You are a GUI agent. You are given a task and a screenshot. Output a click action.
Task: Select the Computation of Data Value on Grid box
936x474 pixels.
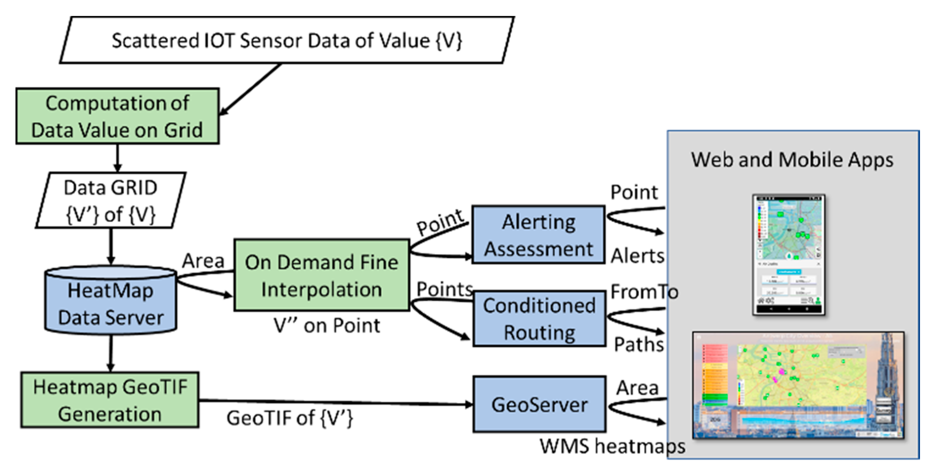pos(117,116)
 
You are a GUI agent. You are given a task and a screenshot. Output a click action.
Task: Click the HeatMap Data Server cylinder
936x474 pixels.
pos(111,302)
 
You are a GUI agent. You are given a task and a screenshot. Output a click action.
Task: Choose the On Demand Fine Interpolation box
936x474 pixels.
pos(321,275)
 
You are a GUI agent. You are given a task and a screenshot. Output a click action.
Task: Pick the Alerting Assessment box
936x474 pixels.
pos(539,235)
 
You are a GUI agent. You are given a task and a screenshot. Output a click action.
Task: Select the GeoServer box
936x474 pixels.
pos(539,404)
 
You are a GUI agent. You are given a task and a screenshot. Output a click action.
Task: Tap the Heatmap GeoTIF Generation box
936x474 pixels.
pos(110,400)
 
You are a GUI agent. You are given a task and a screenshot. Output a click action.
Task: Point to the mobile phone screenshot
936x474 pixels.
pos(788,255)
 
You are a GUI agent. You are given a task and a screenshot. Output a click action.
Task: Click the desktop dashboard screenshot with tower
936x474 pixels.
pos(798,385)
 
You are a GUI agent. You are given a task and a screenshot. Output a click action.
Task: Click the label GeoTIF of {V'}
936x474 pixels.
pos(290,418)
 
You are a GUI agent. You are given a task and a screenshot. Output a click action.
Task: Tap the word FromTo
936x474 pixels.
pos(644,292)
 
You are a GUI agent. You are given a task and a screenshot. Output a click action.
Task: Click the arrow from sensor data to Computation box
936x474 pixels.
pos(251,89)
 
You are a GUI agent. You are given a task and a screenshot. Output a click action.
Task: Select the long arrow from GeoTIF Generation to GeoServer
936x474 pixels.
pos(334,402)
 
